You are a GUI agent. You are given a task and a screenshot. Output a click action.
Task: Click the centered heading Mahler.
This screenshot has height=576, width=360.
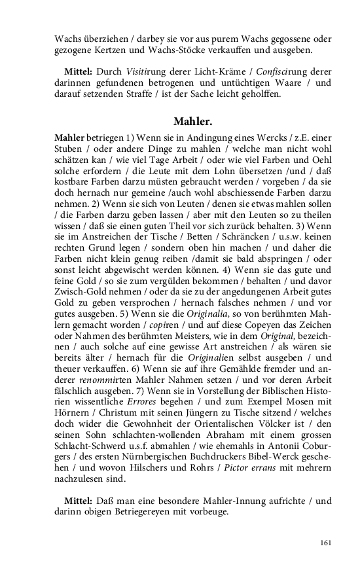coord(193,121)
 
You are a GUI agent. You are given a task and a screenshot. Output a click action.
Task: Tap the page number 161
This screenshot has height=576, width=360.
coord(325,543)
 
